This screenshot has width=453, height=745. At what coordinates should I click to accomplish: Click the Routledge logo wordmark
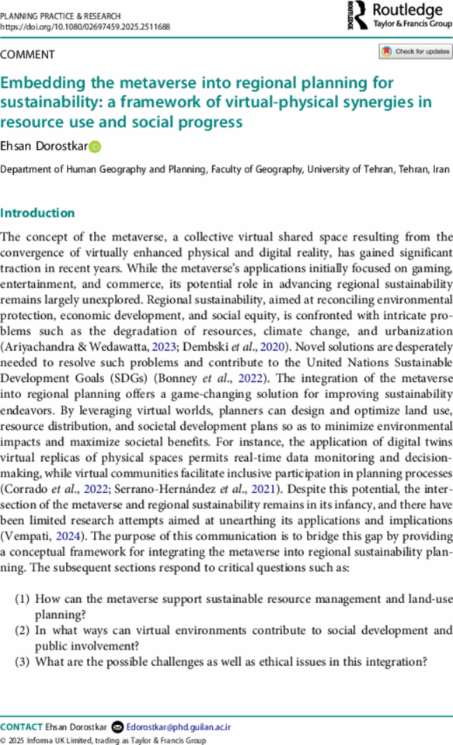coord(406,9)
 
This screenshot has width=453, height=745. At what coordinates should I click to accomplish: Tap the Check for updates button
coord(415,52)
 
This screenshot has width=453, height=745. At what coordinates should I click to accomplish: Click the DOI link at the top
coord(85,26)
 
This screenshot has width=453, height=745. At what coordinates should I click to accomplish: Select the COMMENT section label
coord(28,54)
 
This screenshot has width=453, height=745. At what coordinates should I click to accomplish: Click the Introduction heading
coord(38,213)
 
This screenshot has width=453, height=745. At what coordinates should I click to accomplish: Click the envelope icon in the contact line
coord(117,727)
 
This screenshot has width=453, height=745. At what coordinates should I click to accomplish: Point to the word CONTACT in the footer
coord(22,727)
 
